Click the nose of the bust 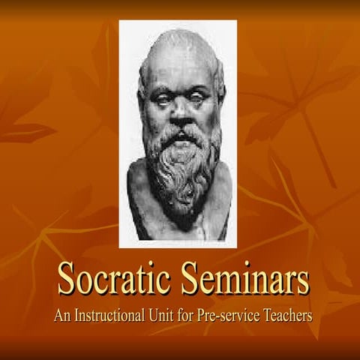pos(180,112)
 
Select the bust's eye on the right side pos(199,97)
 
